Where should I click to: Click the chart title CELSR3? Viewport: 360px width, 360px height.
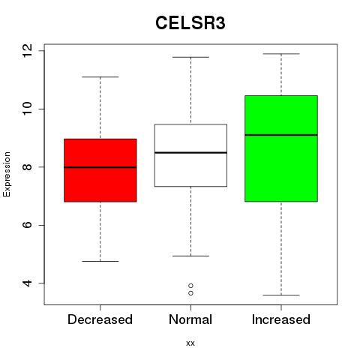point(190,23)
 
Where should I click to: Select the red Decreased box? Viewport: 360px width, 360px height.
point(100,170)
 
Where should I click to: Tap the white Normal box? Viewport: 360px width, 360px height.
point(190,155)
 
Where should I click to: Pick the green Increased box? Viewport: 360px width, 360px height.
point(281,148)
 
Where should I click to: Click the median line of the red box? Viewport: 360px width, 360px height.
point(100,167)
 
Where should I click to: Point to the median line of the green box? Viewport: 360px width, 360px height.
point(281,135)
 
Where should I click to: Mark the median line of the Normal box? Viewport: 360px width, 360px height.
point(190,152)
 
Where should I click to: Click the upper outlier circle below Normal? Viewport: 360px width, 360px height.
point(190,286)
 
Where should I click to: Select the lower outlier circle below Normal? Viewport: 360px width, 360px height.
point(190,293)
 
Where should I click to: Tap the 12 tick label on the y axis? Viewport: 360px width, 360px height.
point(28,51)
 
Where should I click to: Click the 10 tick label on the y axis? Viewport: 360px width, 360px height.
point(28,109)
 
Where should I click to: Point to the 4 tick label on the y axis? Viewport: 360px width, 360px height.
point(28,283)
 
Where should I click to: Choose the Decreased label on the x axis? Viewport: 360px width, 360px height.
point(100,319)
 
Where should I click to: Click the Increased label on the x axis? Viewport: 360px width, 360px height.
point(281,319)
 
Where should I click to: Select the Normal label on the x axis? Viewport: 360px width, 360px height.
point(190,319)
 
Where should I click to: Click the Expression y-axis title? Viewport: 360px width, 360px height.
point(7,174)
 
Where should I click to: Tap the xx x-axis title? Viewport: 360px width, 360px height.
point(190,343)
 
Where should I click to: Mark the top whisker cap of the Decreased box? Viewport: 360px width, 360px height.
point(100,77)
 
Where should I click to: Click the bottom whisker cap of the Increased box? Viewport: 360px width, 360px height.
point(281,295)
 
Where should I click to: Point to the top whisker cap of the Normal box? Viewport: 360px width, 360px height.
point(190,57)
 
